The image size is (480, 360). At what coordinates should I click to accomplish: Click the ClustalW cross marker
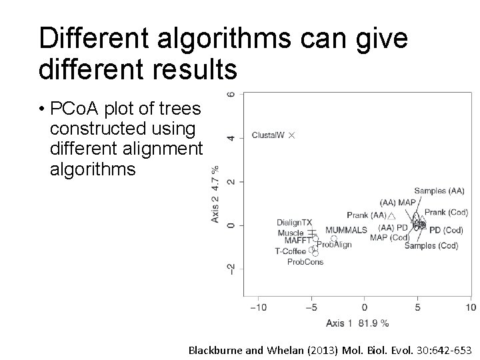click(x=291, y=135)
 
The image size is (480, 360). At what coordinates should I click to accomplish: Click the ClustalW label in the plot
click(x=268, y=135)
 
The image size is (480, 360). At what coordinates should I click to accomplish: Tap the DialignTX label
click(x=294, y=222)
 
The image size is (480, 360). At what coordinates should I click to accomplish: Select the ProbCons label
click(x=305, y=262)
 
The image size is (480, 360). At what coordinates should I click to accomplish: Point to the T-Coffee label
click(x=290, y=251)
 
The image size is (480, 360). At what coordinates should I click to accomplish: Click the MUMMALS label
click(x=346, y=230)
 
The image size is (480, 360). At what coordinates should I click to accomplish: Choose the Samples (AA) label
click(x=439, y=191)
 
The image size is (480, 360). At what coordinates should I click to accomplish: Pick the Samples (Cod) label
click(x=431, y=245)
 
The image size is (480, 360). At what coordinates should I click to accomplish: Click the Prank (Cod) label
click(x=446, y=213)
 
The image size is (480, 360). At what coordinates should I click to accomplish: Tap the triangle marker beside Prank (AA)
click(x=392, y=215)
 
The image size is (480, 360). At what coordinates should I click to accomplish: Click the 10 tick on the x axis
click(x=471, y=307)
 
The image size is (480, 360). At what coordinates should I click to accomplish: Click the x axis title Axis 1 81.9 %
click(x=357, y=323)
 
